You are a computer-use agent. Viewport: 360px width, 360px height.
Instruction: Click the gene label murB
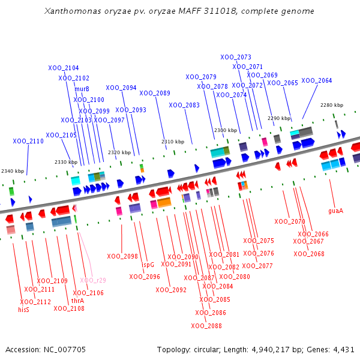pos(82,89)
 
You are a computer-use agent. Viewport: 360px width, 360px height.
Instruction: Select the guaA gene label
pos(335,211)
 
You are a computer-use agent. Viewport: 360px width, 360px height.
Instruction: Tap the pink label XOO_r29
pos(93,280)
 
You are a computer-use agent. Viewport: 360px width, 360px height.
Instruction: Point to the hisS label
pos(23,310)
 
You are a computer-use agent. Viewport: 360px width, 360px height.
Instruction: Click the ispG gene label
pos(148,264)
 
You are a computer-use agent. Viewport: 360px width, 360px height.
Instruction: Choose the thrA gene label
pos(77,301)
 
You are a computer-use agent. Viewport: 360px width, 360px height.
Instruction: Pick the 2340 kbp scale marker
pos(13,171)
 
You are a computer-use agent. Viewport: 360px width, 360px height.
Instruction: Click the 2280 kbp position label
pos(332,105)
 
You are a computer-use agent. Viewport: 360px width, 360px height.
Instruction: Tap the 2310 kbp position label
pos(172,142)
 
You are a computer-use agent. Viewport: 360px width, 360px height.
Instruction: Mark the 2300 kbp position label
pos(226,130)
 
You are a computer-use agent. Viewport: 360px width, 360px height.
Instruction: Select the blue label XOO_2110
pos(28,141)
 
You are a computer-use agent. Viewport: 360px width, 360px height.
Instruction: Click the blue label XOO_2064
pos(316,80)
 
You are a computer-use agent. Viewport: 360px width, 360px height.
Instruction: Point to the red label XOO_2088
pos(206,326)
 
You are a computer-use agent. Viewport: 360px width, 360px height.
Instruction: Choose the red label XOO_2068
pos(309,254)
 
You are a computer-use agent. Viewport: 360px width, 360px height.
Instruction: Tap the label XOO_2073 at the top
pos(236,57)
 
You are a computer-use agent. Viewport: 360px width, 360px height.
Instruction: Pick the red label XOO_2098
pos(122,256)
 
